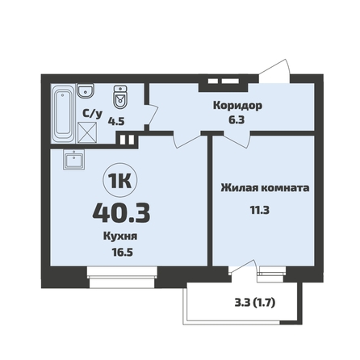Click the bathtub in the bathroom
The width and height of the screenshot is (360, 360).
pyautogui.click(x=64, y=113)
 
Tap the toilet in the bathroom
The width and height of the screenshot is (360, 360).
pyautogui.click(x=120, y=97)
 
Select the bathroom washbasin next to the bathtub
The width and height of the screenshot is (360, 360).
pyautogui.click(x=86, y=90)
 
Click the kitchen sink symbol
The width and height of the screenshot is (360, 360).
pyautogui.click(x=74, y=159)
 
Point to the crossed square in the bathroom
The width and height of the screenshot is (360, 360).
pyautogui.click(x=87, y=132)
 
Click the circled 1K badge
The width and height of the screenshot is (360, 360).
pyautogui.click(x=120, y=181)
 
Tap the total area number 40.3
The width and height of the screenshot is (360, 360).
pyautogui.click(x=121, y=213)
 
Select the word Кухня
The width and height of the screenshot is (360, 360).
pyautogui.click(x=120, y=237)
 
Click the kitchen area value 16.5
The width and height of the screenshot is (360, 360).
pyautogui.click(x=122, y=253)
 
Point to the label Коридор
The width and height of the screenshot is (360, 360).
pyautogui.click(x=237, y=106)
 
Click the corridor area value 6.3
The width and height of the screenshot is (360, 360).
pyautogui.click(x=237, y=119)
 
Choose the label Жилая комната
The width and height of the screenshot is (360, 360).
pyautogui.click(x=265, y=187)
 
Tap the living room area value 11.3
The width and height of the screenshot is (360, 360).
pyautogui.click(x=260, y=210)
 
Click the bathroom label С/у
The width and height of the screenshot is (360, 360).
pyautogui.click(x=92, y=114)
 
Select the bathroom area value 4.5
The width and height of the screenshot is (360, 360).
pyautogui.click(x=116, y=121)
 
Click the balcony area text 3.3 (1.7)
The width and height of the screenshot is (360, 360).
pyautogui.click(x=255, y=303)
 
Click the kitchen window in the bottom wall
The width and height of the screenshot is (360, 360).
pyautogui.click(x=122, y=277)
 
